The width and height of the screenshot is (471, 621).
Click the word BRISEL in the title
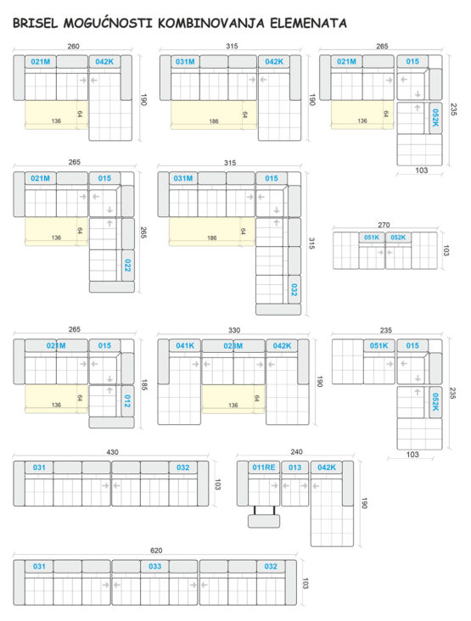coord(36,23)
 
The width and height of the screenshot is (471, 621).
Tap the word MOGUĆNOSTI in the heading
coord(108,22)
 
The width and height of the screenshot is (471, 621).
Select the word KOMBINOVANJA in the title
coord(211,23)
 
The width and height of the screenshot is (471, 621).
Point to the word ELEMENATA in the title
coord(309,23)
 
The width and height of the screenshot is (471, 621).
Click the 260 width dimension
coord(73,47)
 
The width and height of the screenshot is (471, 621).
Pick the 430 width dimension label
coord(112,452)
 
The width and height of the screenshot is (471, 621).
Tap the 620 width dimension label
coord(156,551)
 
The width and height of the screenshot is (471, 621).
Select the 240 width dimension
coord(296,452)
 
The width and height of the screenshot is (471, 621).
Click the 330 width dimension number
coord(234,330)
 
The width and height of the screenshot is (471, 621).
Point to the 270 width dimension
coord(384,225)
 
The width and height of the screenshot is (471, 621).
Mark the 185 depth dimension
coord(144,385)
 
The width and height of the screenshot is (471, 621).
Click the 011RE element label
coord(264,467)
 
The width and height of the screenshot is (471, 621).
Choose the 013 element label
coord(294,467)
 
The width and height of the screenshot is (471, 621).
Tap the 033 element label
coord(155,567)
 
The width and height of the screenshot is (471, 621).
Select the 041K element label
coord(185,346)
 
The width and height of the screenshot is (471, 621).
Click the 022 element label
coord(127,265)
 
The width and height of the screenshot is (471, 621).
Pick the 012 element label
coord(127,400)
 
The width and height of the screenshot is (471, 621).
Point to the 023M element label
coord(233,346)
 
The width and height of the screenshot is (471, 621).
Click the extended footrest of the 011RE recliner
coord(264,521)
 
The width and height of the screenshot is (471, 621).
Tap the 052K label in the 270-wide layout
coord(398,238)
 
